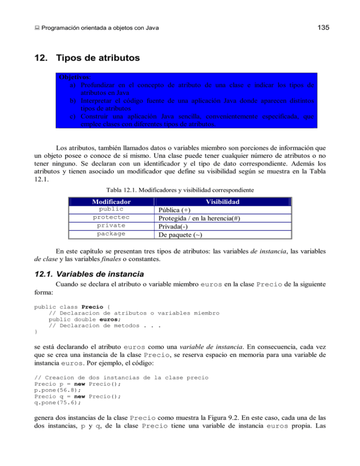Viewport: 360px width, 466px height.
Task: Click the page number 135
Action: (x=323, y=28)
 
